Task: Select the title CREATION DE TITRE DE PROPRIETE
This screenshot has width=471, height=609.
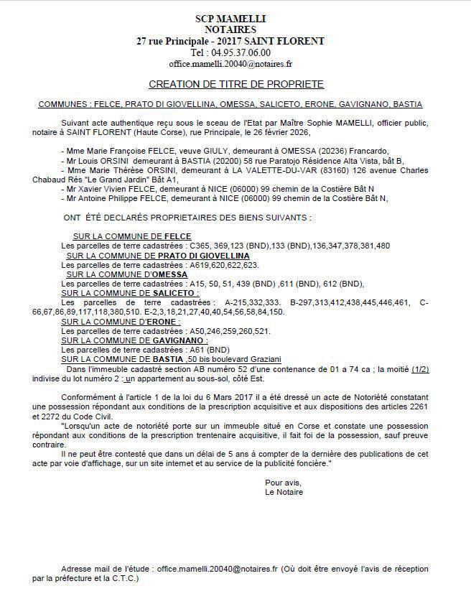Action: pos(236,85)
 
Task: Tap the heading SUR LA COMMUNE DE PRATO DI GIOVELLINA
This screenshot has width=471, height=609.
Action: pos(158,256)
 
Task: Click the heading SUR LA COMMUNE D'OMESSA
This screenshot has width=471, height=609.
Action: pos(127,274)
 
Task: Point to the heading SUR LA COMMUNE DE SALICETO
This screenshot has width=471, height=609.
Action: pos(130,293)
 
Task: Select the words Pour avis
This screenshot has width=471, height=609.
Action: pos(283,482)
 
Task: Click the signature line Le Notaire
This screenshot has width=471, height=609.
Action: pos(284,492)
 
